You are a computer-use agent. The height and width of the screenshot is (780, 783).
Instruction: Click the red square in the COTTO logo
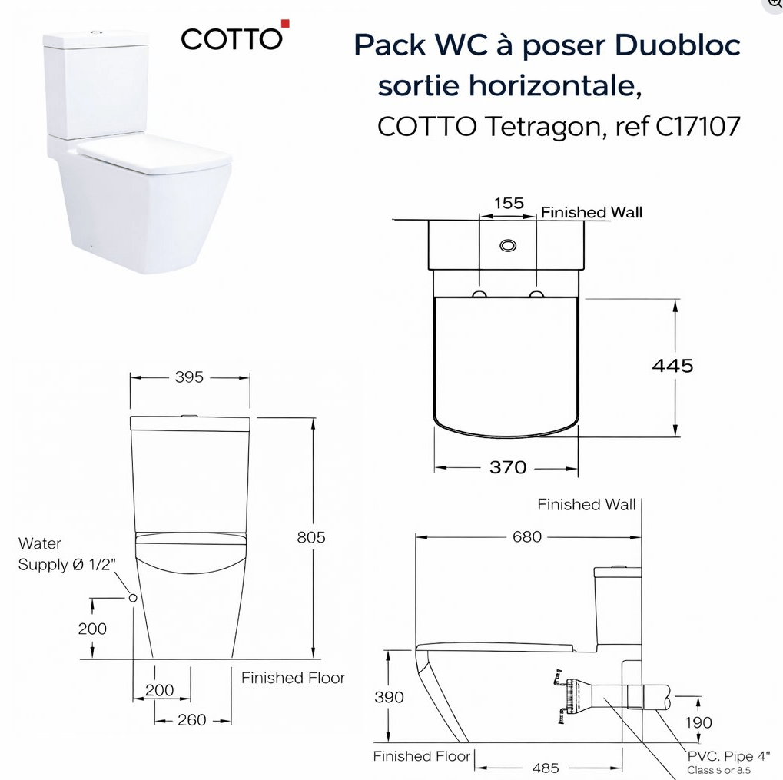[285, 24]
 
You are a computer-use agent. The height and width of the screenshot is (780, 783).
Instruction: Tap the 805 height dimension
[311, 537]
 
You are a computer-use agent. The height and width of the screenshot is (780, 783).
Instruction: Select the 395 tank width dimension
[189, 377]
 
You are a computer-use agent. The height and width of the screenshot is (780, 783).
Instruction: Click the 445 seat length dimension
[672, 366]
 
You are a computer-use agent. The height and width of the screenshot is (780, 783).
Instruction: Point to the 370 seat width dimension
[508, 467]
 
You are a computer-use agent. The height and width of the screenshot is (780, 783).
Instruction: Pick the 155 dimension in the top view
[509, 203]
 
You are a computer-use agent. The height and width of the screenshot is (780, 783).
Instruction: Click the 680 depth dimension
[527, 537]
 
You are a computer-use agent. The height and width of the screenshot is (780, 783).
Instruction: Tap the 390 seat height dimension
[389, 697]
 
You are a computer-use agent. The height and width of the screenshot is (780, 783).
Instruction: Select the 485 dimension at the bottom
[546, 768]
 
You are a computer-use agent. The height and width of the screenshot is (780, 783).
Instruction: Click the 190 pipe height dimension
[698, 722]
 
